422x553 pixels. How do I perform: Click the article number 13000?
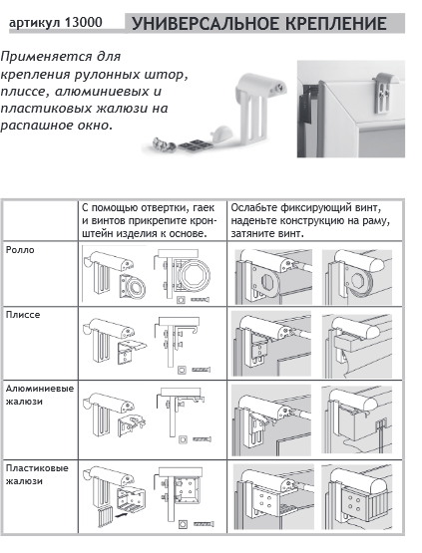coord(84,23)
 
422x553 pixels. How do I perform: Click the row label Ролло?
coord(20,250)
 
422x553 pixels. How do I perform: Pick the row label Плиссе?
coord(23,315)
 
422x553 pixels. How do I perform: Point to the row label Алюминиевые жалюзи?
coord(40,395)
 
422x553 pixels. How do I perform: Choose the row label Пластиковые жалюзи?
coord(37,474)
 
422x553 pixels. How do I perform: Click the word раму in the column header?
coord(375,221)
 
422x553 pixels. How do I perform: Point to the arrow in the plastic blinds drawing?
coord(121,515)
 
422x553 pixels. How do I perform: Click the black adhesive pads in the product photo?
coord(195,144)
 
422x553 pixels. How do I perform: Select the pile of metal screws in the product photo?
coord(164,144)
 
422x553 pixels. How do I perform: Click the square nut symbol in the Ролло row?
coord(182,300)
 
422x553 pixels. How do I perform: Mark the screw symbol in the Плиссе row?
coord(202,370)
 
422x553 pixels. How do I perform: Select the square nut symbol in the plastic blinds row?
coord(183,524)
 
